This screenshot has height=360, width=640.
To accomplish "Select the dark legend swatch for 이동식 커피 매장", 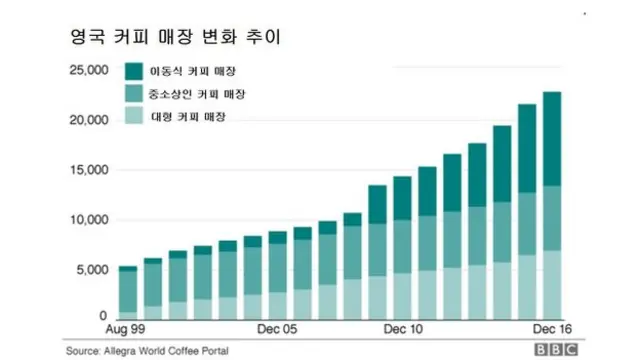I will [x=134, y=71].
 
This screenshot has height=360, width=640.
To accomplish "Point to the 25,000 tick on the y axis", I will [x=87, y=71].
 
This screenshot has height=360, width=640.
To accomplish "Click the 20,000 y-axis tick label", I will [x=87, y=121].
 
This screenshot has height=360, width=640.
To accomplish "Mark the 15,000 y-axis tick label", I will [x=87, y=171].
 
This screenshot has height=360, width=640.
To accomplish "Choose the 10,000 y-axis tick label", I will [x=87, y=221].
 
